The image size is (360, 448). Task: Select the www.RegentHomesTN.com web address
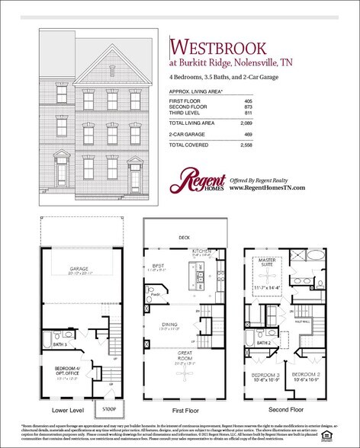(267, 187)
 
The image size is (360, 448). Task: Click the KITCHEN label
(201, 249)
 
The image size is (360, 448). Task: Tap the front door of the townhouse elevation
(136, 181)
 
